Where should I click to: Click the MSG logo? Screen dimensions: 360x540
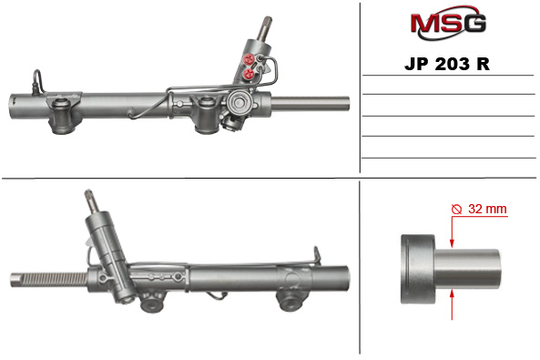(x=447, y=23)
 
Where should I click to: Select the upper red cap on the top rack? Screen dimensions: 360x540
(x=250, y=61)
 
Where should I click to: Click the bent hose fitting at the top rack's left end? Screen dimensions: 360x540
(x=36, y=79)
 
